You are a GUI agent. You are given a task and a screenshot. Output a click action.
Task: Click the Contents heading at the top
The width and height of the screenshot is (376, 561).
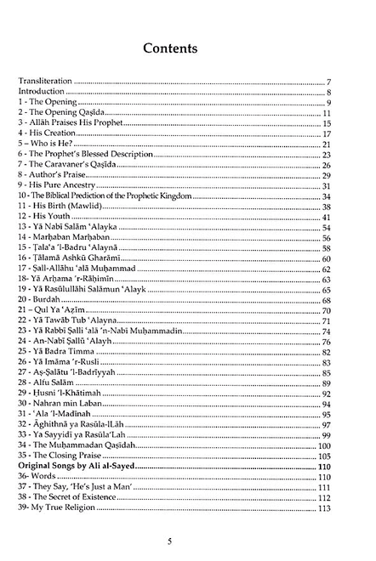click(x=188, y=48)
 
